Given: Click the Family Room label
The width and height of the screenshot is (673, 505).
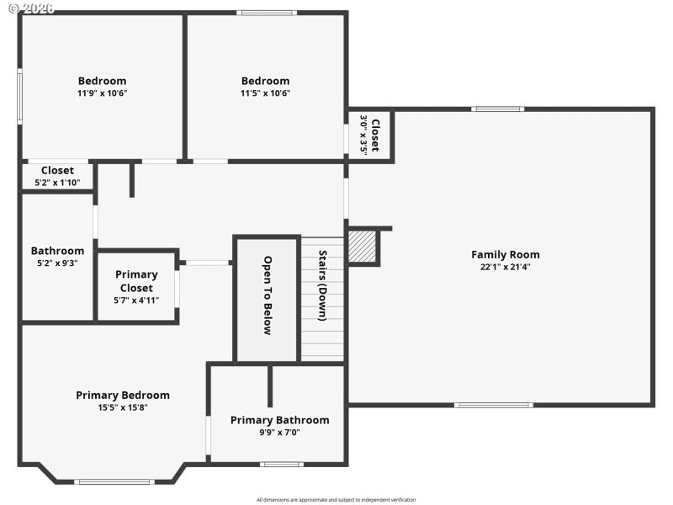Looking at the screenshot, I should pyautogui.click(x=505, y=254).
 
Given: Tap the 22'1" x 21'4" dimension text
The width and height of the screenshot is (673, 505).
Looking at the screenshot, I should pyautogui.click(x=505, y=267).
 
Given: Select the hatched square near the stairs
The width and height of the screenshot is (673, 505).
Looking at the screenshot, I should pyautogui.click(x=363, y=247).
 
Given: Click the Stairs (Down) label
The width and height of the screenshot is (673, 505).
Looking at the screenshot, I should pyautogui.click(x=322, y=285).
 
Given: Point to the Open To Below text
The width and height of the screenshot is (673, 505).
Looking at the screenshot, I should pyautogui.click(x=267, y=295).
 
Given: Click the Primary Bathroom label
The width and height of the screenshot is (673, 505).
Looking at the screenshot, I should pyautogui.click(x=279, y=420).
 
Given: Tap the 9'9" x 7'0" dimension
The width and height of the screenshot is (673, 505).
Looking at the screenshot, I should pyautogui.click(x=279, y=433).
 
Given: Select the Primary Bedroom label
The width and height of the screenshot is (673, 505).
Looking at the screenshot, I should pyautogui.click(x=123, y=395).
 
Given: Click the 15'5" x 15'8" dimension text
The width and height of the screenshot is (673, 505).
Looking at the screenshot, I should pyautogui.click(x=123, y=407).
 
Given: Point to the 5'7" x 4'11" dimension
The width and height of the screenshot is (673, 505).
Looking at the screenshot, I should pyautogui.click(x=136, y=300).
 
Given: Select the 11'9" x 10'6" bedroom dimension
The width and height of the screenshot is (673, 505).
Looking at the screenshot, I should pyautogui.click(x=102, y=93).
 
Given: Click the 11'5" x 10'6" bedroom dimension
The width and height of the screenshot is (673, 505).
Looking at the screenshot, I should pyautogui.click(x=265, y=93).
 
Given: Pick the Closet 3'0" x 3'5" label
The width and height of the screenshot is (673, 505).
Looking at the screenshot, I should pyautogui.click(x=370, y=135).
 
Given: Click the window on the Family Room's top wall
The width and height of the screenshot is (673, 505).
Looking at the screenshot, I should pyautogui.click(x=497, y=109).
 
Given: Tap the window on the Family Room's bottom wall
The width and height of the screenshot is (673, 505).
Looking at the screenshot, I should pyautogui.click(x=493, y=405).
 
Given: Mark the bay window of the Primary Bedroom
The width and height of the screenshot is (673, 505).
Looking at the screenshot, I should pyautogui.click(x=114, y=481).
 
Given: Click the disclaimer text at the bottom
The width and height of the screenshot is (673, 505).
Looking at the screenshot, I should pyautogui.click(x=336, y=500).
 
